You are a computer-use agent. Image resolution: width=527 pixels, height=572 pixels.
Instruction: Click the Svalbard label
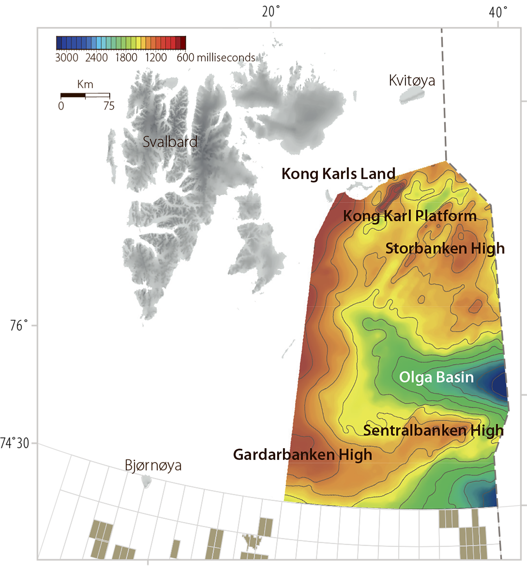click(170, 142)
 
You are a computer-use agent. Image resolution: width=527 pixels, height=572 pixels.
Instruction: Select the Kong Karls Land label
click(338, 174)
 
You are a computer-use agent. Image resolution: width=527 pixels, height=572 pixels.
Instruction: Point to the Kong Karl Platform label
click(410, 216)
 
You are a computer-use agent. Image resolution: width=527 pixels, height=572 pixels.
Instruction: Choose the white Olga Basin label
click(436, 377)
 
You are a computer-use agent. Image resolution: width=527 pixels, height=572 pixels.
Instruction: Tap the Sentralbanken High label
click(433, 430)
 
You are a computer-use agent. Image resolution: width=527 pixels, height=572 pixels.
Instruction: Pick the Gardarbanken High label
click(302, 455)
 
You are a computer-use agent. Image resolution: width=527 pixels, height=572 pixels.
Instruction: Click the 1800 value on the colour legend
click(126, 58)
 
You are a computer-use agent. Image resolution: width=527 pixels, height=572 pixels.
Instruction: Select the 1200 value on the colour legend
click(156, 58)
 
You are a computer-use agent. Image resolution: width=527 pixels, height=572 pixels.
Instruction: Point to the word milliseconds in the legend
click(226, 58)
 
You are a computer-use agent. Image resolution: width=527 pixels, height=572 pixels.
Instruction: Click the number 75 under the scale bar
click(109, 106)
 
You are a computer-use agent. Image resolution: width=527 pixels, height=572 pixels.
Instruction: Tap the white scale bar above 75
click(97, 95)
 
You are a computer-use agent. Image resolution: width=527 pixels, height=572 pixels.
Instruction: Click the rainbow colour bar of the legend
click(121, 43)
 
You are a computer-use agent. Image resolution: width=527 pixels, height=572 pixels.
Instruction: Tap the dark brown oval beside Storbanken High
click(504, 249)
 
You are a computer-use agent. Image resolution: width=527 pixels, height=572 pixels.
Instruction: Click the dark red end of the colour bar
click(183, 43)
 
